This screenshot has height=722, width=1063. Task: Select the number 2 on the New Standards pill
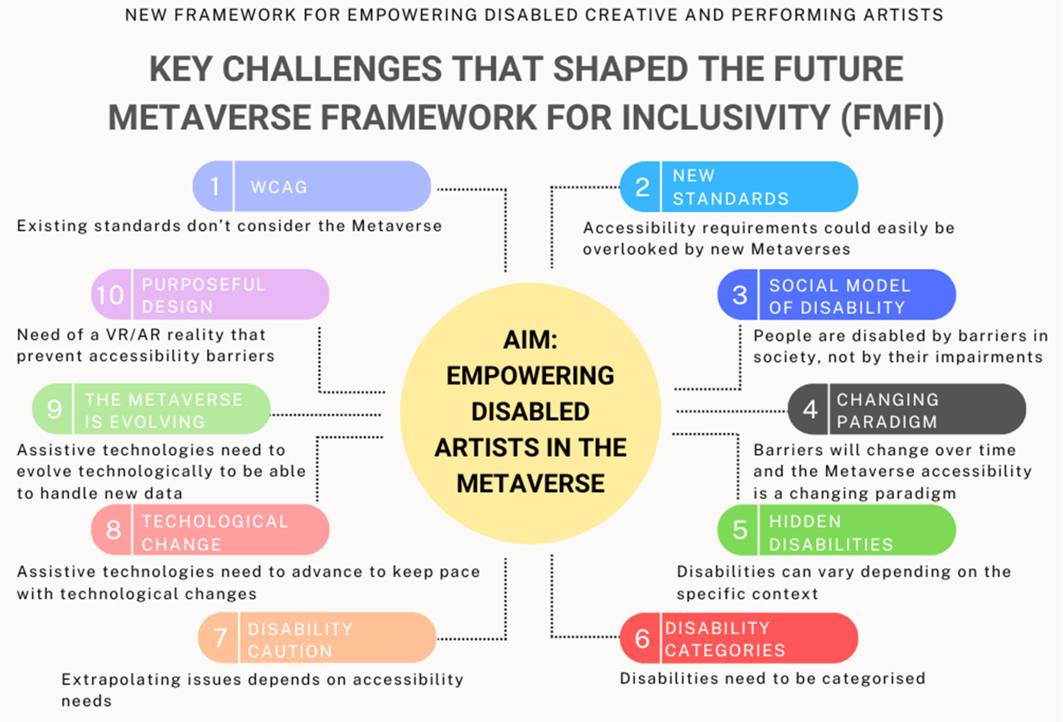coord(642,187)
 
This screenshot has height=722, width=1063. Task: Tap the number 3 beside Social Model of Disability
coord(740,295)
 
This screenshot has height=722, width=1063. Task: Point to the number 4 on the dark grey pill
coord(810,409)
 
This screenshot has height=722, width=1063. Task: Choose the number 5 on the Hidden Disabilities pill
coord(740,530)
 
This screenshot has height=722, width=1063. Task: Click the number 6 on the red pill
coord(642,638)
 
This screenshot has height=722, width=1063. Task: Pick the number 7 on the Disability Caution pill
coord(220,637)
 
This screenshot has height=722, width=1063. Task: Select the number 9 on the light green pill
coord(54,409)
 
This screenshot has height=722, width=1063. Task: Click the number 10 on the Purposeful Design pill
coord(110,295)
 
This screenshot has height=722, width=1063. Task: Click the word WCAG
coord(279,187)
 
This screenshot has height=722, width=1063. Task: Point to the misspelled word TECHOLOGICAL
coord(215,521)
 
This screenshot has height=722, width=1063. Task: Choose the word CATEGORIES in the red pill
coord(725,650)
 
